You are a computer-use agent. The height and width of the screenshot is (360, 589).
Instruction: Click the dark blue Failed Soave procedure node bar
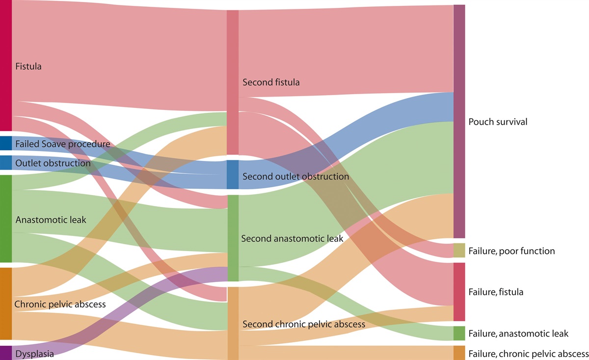click(5, 143)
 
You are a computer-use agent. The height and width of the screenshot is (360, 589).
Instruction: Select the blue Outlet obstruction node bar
click(5, 162)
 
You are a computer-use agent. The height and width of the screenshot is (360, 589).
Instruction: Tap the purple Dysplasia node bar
click(5, 353)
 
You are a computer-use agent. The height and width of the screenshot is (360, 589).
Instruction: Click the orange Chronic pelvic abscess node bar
click(5, 303)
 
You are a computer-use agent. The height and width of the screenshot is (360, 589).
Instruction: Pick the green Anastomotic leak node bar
click(5, 219)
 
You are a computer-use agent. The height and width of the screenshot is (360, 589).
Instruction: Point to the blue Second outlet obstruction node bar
click(232, 175)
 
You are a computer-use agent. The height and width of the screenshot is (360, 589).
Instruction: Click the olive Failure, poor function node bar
click(459, 250)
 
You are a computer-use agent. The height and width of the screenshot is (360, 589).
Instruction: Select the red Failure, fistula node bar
click(459, 292)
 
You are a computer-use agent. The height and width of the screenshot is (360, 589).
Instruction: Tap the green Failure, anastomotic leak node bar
click(459, 333)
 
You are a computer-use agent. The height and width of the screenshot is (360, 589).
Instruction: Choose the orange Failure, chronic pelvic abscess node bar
click(459, 353)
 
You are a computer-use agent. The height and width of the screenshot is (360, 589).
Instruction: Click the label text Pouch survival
click(498, 122)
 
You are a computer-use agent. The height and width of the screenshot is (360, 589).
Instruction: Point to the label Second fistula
click(271, 82)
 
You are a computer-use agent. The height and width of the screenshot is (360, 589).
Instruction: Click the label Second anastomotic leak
click(293, 239)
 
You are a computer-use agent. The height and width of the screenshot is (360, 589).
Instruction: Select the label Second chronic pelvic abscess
click(304, 325)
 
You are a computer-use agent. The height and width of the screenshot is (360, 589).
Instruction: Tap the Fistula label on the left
click(28, 66)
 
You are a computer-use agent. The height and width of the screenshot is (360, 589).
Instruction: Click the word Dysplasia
click(34, 353)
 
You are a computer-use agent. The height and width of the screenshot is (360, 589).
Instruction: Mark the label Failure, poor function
click(511, 251)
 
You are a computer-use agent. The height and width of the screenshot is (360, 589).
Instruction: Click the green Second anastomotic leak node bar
click(232, 238)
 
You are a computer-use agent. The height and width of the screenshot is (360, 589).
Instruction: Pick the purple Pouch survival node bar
click(459, 122)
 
